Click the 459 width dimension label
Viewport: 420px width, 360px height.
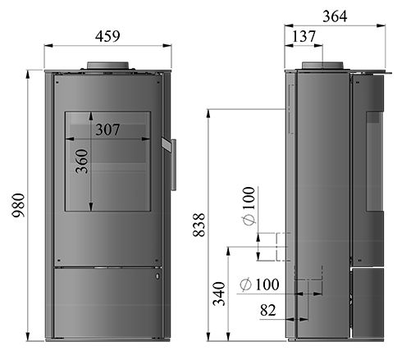pyautogui.click(x=107, y=36)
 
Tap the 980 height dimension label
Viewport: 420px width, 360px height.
pyautogui.click(x=19, y=205)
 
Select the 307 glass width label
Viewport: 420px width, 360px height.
pyautogui.click(x=107, y=130)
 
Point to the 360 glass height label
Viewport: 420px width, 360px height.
pyautogui.click(x=82, y=162)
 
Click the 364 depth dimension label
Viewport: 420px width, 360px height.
pyautogui.click(x=335, y=16)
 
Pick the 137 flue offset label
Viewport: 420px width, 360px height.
pyautogui.click(x=304, y=36)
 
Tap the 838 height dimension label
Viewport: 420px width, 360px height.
pyautogui.click(x=199, y=225)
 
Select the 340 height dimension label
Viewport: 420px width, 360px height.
pyautogui.click(x=219, y=294)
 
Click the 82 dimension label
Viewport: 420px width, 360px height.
pyautogui.click(x=268, y=310)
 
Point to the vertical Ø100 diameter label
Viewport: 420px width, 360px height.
pyautogui.click(x=249, y=206)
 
